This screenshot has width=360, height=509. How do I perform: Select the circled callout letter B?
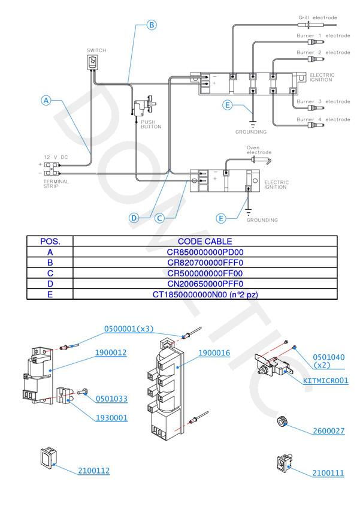pyautogui.click(x=152, y=25)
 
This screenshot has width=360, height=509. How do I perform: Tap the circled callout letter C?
pyautogui.click(x=160, y=218)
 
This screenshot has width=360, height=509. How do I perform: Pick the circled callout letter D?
pyautogui.click(x=135, y=218)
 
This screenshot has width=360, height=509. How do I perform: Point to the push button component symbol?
pyautogui.click(x=143, y=108)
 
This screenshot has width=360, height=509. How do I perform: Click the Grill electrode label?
pyautogui.click(x=318, y=18)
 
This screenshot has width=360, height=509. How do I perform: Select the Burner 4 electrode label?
pyautogui.click(x=323, y=119)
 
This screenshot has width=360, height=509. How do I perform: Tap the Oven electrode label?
pyautogui.click(x=259, y=149)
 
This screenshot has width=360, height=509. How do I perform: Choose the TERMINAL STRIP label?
pyautogui.click(x=56, y=183)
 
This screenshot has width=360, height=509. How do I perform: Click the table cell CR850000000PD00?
pyautogui.click(x=205, y=252)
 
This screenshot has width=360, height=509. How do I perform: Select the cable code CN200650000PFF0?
pyautogui.click(x=205, y=284)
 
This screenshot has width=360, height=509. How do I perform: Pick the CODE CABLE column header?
pyautogui.click(x=205, y=242)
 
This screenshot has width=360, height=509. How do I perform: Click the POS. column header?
pyautogui.click(x=50, y=242)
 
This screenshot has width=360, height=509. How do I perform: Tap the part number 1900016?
pyautogui.click(x=214, y=353)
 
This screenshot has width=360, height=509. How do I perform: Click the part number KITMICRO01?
pyautogui.click(x=325, y=381)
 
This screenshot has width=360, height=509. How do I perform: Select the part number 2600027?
pyautogui.click(x=328, y=431)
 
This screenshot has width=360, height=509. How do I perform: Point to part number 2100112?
pyautogui.click(x=93, y=471)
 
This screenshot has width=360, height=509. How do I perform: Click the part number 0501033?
pyautogui.click(x=111, y=399)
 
